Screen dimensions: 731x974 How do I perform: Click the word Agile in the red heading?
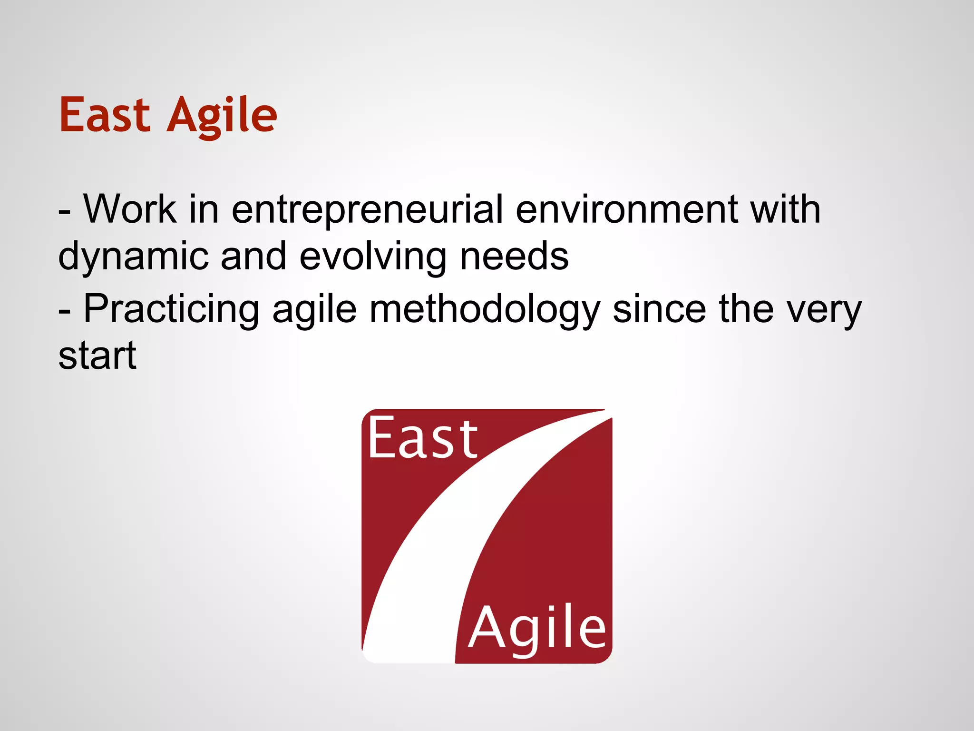click(x=222, y=116)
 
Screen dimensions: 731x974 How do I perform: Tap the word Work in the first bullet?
click(x=130, y=209)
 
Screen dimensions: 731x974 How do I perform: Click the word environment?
click(x=627, y=209)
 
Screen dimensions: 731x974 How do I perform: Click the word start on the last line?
click(x=97, y=356)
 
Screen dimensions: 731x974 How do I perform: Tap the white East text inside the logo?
click(x=423, y=438)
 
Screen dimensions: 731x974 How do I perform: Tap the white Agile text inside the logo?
click(x=537, y=629)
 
